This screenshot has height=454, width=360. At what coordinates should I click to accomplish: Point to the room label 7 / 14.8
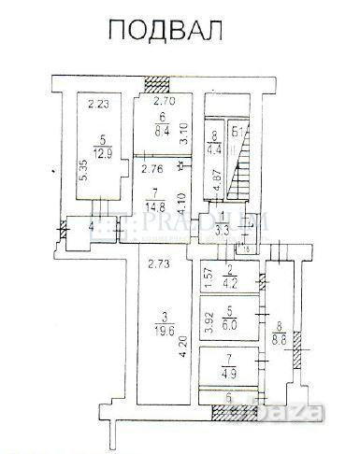(x=157, y=203)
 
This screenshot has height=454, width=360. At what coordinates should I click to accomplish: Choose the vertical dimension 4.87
(x=216, y=180)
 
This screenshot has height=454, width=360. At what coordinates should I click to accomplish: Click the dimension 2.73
(x=157, y=266)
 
